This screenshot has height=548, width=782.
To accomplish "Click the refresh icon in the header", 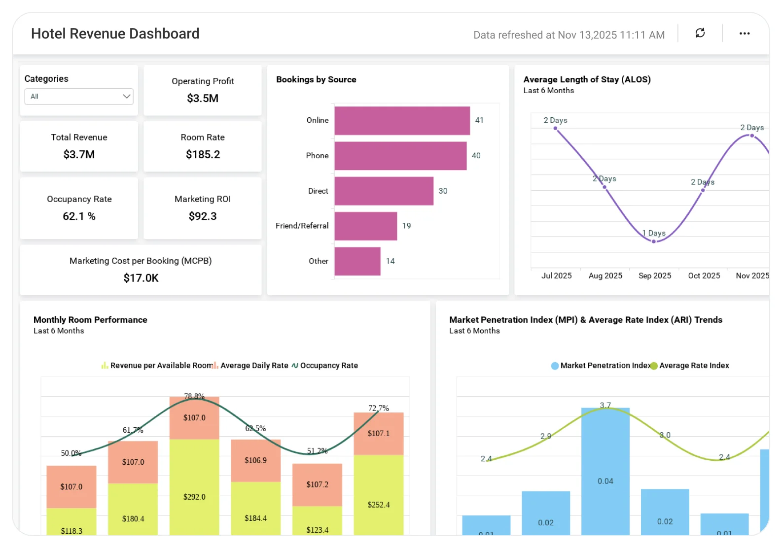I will click(700, 33).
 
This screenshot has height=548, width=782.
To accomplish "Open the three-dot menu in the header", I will click(744, 34).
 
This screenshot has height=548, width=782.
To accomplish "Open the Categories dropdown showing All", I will click(79, 97).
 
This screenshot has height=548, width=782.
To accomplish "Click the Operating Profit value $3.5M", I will click(203, 98).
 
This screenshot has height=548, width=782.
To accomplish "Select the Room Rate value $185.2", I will click(203, 154).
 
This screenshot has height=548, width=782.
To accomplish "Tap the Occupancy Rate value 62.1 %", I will click(79, 216).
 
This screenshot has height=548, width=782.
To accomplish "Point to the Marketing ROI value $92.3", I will click(203, 216).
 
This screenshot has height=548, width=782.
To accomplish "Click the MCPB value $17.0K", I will click(141, 278).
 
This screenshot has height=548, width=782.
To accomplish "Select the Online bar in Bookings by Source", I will click(402, 121).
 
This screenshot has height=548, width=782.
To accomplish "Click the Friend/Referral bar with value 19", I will click(365, 226).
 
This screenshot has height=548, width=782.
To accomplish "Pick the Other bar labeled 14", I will click(357, 261).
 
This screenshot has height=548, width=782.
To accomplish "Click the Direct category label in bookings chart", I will click(318, 191).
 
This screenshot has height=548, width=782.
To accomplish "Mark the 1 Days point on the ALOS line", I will click(654, 241).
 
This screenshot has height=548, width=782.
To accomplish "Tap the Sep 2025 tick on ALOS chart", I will click(654, 275).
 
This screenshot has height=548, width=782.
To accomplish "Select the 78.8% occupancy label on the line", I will click(194, 396).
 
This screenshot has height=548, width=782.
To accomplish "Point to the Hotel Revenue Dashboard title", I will click(115, 34).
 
